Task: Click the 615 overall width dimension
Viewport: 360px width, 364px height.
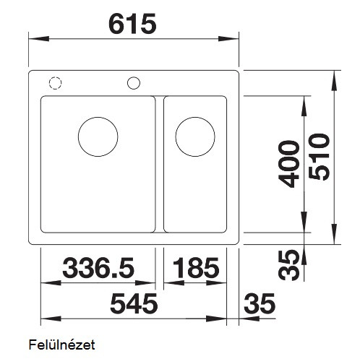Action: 132,24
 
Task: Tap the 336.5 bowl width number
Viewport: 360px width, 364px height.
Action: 98,268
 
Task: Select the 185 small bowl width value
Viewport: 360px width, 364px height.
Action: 196,268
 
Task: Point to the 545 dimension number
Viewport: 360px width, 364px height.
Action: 134,303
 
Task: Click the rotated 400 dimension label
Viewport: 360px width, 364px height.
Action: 288,164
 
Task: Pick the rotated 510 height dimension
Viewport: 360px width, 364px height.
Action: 319,157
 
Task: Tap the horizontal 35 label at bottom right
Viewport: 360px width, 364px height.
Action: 260,303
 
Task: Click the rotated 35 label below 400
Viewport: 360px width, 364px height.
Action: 288,265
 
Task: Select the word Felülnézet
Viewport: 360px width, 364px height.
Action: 61,344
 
